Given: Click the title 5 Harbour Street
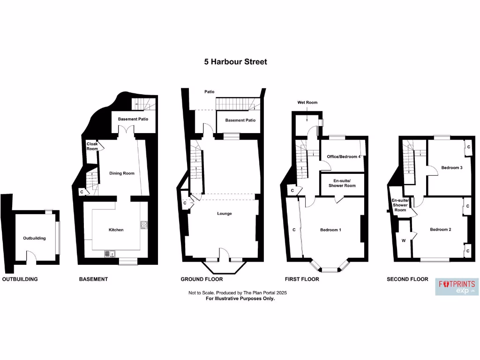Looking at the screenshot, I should [x=235, y=61].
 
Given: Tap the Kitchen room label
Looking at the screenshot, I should [x=116, y=230].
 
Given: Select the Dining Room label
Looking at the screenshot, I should [x=122, y=173].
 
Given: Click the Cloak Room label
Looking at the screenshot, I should [x=92, y=146].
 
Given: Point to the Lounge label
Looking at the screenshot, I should [x=224, y=214].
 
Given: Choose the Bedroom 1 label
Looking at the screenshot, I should [x=330, y=230].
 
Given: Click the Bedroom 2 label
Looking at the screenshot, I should [x=441, y=229].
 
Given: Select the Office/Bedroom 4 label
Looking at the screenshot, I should [x=340, y=157].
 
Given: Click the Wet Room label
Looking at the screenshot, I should [x=307, y=102].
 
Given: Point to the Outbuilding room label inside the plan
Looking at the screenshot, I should [x=35, y=238].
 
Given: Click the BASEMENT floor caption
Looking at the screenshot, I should [x=93, y=279].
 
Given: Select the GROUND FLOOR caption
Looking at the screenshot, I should [x=202, y=279].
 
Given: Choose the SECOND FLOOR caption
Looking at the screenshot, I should [x=407, y=279].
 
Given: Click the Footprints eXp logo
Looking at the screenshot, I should [x=457, y=287].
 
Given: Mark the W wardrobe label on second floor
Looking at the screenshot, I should [x=403, y=241].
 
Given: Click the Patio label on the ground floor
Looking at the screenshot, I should [x=209, y=92].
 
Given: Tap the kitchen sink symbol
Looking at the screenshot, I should [x=110, y=254].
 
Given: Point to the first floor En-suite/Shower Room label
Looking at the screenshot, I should [x=345, y=183].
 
